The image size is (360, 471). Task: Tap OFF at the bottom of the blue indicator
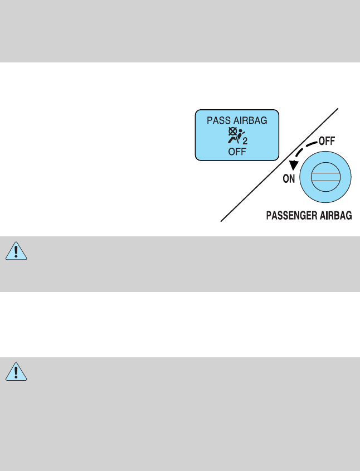(x=237, y=150)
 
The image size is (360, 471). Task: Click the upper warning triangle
(x=16, y=251)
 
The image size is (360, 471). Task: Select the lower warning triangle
(x=16, y=372)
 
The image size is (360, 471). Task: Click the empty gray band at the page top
(x=180, y=31)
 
